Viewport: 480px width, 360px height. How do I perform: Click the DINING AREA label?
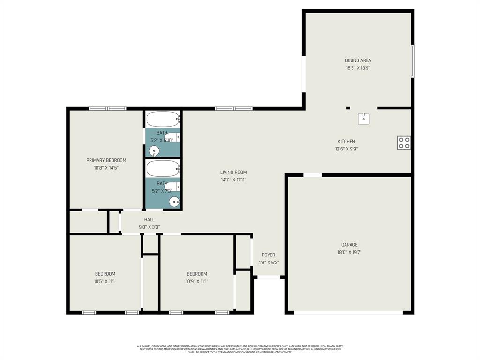pos(358,60)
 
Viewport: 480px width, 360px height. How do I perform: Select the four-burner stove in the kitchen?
pos(404,143)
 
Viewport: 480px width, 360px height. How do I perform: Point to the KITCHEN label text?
pos(346,142)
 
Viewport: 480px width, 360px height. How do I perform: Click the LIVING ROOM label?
pos(233,172)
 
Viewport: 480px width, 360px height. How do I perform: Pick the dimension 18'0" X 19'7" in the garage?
pos(349,252)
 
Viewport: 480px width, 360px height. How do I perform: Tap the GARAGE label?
pos(349,245)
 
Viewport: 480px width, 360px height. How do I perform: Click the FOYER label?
pos(269,255)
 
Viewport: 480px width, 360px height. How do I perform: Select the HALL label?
pos(149,220)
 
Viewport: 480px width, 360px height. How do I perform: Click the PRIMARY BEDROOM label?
pos(106,160)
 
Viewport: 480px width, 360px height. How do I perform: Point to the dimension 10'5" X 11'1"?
pos(105,282)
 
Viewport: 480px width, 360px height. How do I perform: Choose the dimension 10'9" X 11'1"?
pos(197,282)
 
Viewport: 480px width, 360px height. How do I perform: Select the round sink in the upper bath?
pos(154,151)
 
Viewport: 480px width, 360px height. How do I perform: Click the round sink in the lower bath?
pos(174,202)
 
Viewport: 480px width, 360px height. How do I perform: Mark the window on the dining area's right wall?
pos(412,61)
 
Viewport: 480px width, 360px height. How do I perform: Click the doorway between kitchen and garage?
pos(313,175)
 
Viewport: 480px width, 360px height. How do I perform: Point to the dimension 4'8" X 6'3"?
pos(269,262)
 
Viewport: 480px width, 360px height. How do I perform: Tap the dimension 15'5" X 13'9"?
pos(358,68)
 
